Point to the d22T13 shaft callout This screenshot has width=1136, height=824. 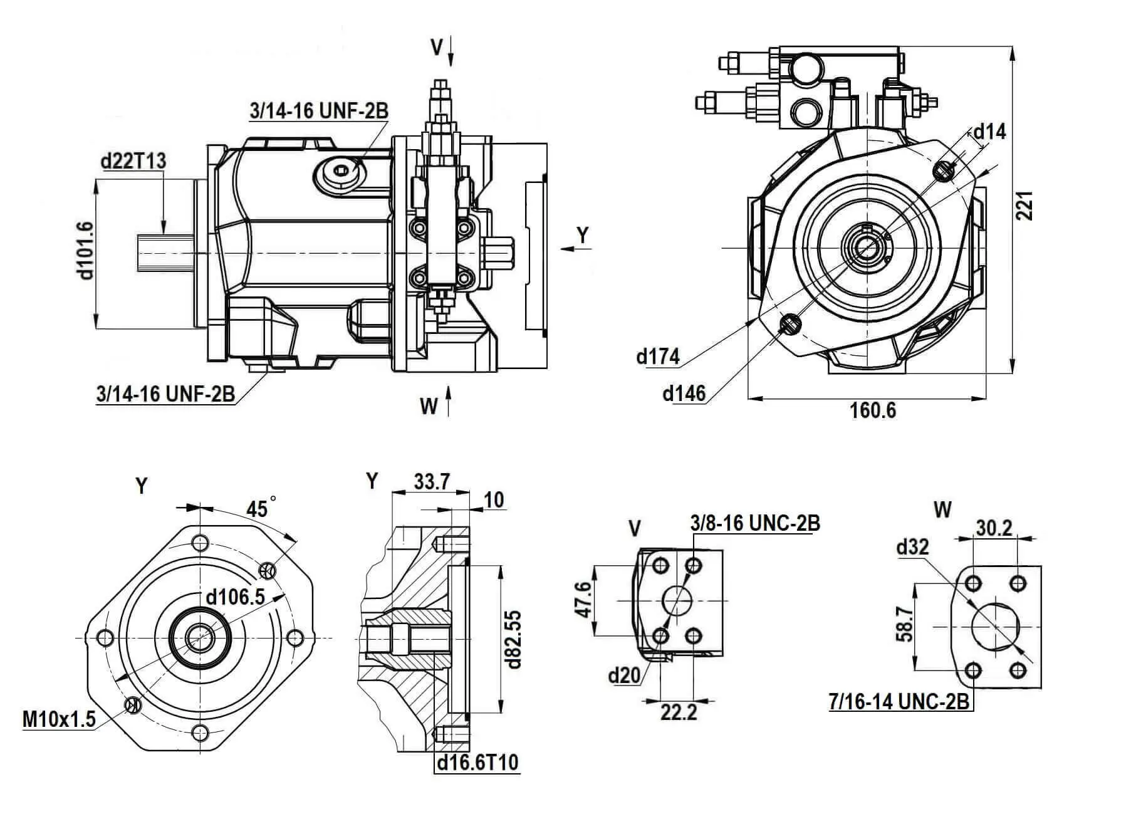(x=133, y=161)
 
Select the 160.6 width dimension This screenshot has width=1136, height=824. (x=873, y=410)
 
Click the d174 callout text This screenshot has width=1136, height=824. (x=657, y=357)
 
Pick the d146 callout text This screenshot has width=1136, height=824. (x=684, y=394)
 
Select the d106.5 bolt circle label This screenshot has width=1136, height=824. (x=236, y=597)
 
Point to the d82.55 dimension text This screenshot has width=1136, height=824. (x=514, y=639)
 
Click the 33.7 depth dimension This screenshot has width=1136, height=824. (x=432, y=482)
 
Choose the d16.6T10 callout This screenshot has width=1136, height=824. (x=477, y=763)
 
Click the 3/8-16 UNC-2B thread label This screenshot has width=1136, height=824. (x=754, y=523)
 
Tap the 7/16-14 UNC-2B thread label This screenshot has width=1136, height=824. (x=899, y=702)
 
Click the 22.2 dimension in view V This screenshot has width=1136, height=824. (x=678, y=712)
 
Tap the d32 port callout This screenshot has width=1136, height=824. (x=912, y=547)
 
